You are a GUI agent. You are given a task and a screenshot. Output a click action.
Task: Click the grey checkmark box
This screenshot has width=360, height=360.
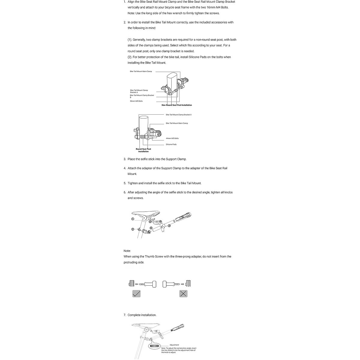tap(136, 294)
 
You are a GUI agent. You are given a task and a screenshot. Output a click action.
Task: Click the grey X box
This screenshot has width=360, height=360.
tap(183, 294)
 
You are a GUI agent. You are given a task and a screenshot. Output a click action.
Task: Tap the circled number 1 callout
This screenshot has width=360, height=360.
tap(132, 219)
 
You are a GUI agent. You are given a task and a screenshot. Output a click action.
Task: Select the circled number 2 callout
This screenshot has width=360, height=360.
tap(132, 229)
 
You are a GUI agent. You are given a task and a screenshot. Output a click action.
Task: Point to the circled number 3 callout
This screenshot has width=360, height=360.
tap(169, 225)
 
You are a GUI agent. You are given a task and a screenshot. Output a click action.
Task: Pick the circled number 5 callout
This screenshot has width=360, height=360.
tap(151, 228)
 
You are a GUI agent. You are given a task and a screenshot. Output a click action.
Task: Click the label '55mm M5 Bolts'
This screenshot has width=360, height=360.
tap(136, 101)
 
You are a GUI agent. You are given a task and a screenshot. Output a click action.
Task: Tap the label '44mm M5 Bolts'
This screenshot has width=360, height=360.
tap(172, 138)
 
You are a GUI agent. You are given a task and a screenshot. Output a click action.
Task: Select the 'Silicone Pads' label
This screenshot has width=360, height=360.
tap(171, 144)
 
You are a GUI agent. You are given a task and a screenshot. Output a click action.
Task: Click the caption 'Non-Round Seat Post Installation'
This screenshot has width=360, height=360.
tap(177, 105)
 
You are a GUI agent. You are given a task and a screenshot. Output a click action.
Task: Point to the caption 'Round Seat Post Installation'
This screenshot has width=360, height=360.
tap(143, 150)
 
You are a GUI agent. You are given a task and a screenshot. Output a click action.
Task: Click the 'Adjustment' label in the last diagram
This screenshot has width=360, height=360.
tap(174, 345)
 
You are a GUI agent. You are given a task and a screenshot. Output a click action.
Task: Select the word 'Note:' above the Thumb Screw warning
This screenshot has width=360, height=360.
tap(127, 251)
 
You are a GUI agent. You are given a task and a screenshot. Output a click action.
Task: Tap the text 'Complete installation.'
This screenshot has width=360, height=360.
tap(142, 315)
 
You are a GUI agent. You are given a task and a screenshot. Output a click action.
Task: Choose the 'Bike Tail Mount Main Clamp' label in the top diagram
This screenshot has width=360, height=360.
tap(141, 71)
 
